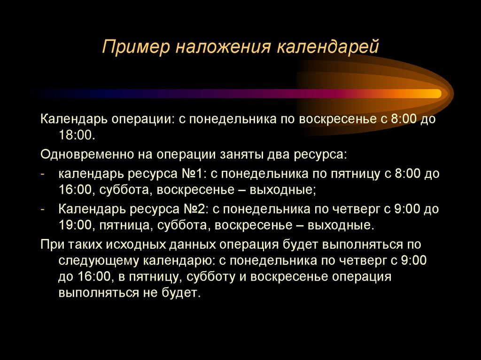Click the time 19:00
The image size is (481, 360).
tap(75, 225)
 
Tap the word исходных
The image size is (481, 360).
tap(127, 244)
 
